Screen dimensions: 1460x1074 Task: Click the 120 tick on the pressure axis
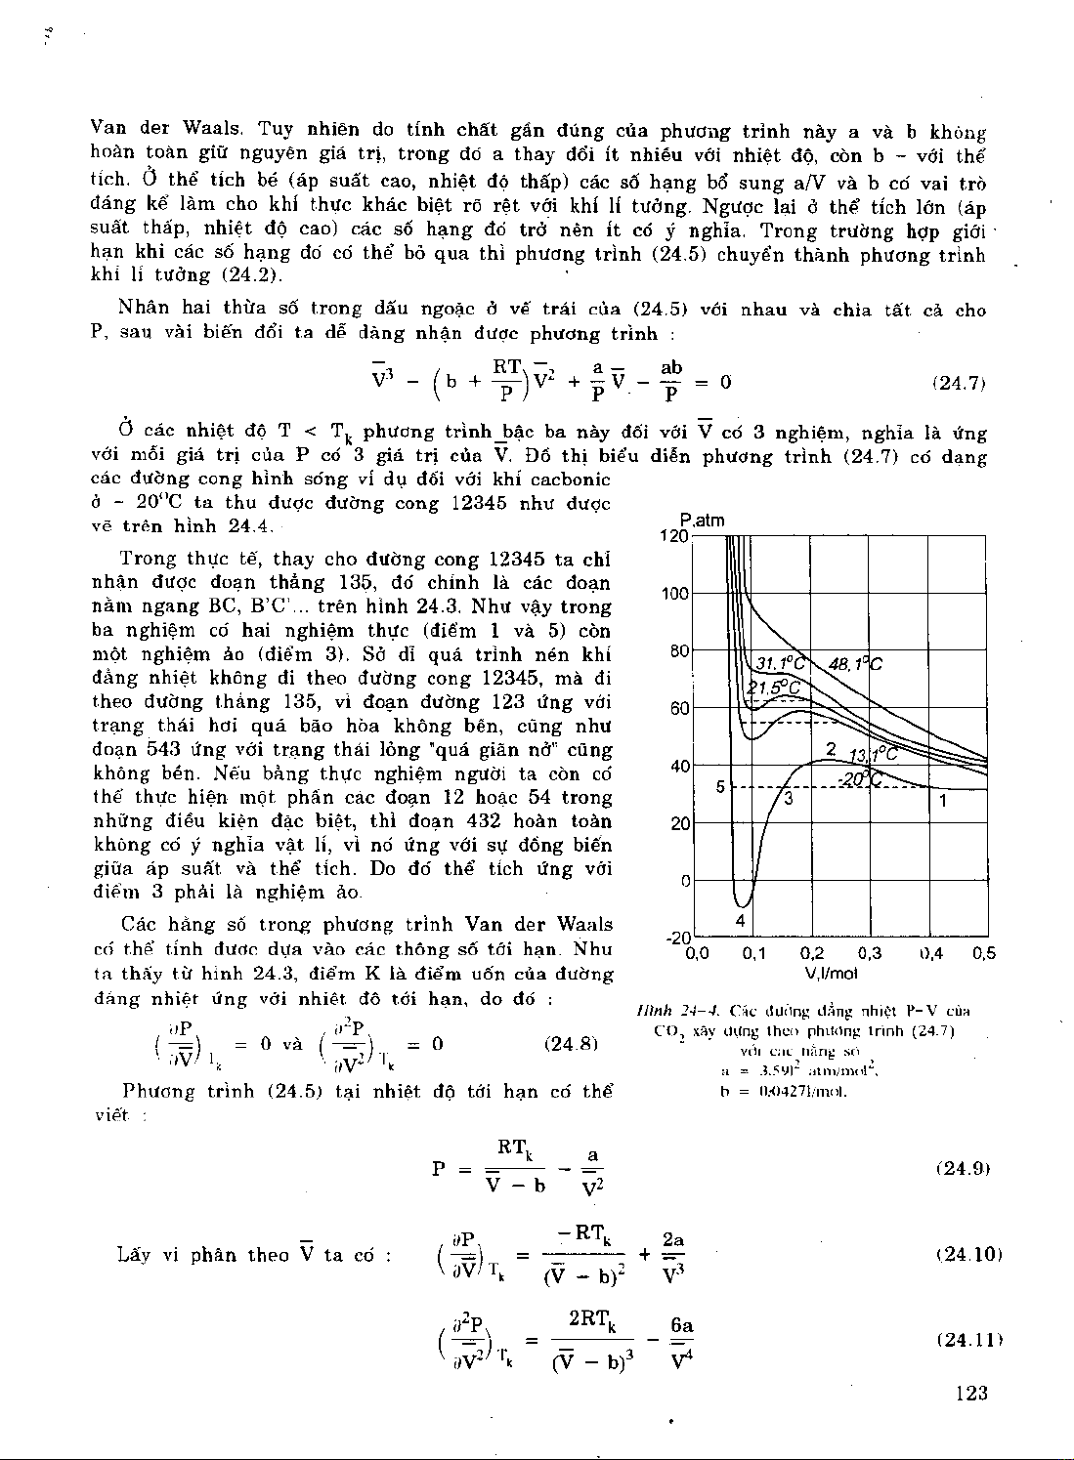pos(674,536)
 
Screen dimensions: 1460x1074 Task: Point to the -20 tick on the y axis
pos(677,938)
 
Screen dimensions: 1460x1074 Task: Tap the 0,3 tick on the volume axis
pos(870,954)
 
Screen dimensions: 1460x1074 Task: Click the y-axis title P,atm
pos(703,521)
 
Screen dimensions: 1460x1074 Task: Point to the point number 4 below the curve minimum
pos(741,920)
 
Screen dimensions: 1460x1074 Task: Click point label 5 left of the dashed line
pos(720,786)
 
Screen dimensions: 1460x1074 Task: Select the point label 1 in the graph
pos(943,801)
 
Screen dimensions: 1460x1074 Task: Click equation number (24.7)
pos(960,384)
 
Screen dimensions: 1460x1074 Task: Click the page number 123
pos(971,1394)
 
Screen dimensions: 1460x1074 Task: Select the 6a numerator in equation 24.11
pos(681,1326)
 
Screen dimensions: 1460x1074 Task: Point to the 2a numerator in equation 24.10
pos(673,1239)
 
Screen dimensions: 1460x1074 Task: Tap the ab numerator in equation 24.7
pos(671,368)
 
